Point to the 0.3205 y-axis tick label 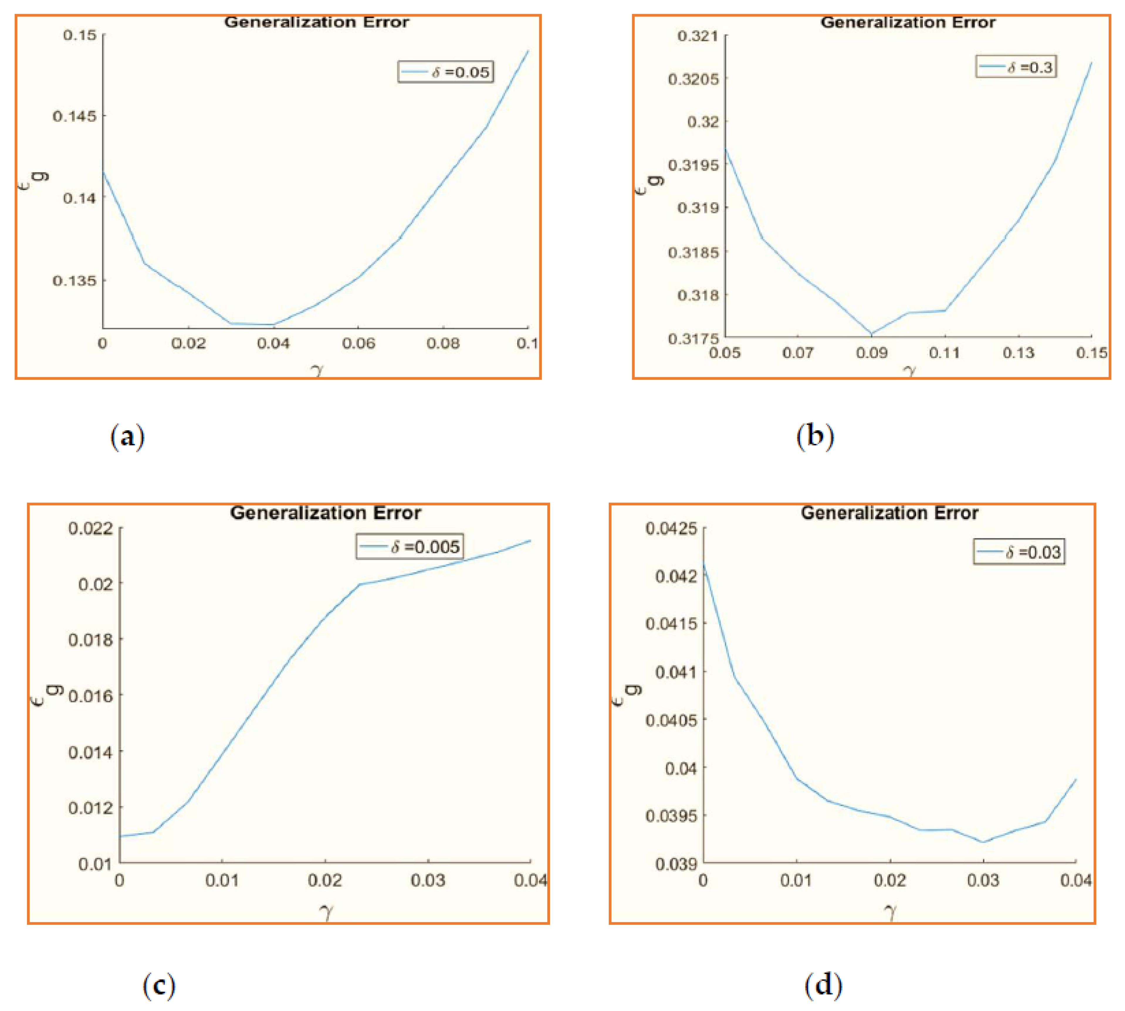(693, 79)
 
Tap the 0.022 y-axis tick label (90, 528)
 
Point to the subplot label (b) (815, 437)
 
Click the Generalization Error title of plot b (908, 23)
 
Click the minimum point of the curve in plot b (871, 334)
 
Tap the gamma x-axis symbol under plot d (890, 912)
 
